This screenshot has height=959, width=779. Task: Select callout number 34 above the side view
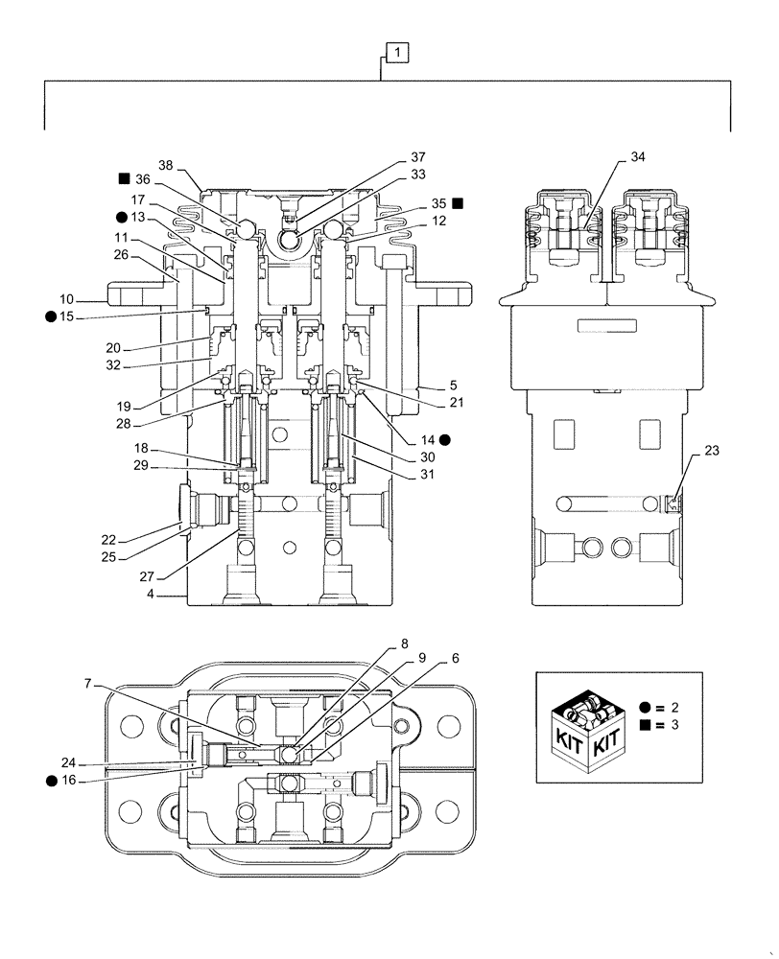pos(639,157)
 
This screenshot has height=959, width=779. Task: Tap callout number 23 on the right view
pos(711,450)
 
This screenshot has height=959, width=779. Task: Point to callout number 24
pos(67,764)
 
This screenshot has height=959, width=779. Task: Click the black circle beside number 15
pos(49,316)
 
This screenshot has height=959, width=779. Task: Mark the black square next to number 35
pos(458,203)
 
